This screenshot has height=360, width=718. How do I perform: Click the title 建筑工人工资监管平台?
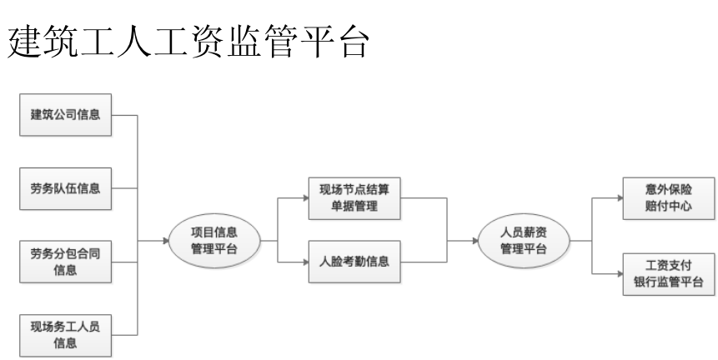(188, 42)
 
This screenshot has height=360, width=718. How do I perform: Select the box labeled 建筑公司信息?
(66, 115)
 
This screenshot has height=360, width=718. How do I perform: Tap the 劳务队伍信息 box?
(66, 188)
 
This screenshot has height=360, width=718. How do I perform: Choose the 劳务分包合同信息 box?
(66, 262)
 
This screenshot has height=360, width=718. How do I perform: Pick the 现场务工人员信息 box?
(66, 335)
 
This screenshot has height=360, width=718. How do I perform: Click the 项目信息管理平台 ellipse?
(214, 241)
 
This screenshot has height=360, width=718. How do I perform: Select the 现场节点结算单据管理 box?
(354, 198)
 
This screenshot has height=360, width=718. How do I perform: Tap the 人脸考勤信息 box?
(354, 262)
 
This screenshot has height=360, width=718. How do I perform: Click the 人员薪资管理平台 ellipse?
(524, 241)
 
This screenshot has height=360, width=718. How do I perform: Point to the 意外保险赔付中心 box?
(669, 198)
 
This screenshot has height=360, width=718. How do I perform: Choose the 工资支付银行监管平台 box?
(669, 274)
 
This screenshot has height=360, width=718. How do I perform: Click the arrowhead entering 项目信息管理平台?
(166, 241)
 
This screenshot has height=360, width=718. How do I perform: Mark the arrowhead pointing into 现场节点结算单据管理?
(306, 198)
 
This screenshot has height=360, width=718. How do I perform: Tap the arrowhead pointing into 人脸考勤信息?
(306, 262)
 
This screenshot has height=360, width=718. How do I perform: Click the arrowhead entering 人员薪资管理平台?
(475, 241)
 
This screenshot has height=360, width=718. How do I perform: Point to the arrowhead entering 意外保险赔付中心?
(620, 198)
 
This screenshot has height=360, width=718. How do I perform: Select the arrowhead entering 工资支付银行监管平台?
(620, 274)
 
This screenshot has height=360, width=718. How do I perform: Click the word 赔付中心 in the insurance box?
(669, 207)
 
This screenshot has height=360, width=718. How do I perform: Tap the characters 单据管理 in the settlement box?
(354, 207)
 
